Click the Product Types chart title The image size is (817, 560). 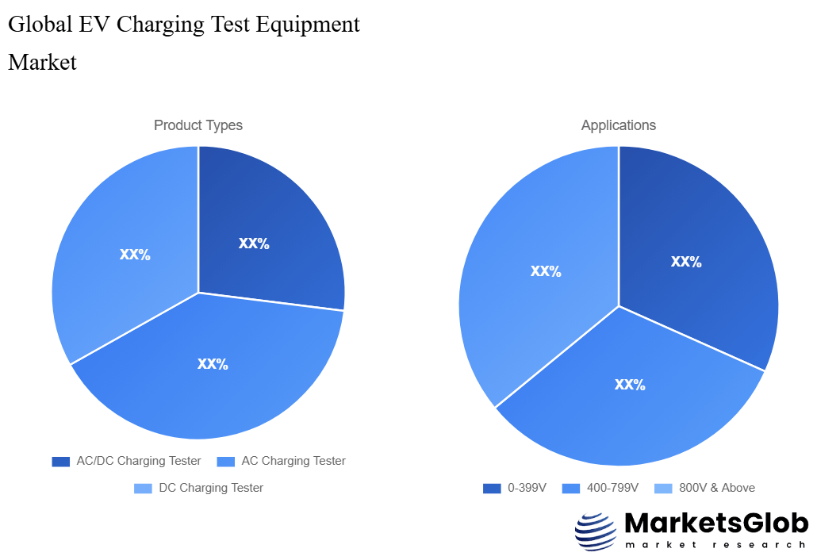(x=198, y=125)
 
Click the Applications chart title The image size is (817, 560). (x=618, y=125)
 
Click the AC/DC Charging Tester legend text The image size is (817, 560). (x=139, y=461)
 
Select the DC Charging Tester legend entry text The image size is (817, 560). (x=211, y=488)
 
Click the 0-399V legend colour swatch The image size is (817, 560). (x=492, y=488)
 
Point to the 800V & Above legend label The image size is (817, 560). (x=717, y=488)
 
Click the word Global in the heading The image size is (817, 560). (x=38, y=25)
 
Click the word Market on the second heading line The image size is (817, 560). (x=42, y=62)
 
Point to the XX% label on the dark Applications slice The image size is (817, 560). (x=686, y=262)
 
